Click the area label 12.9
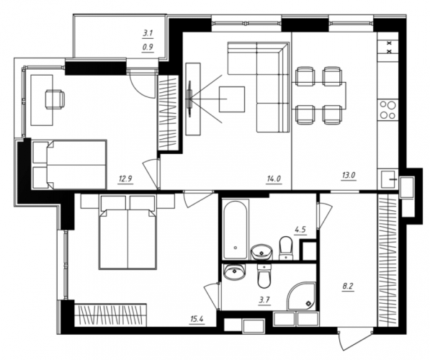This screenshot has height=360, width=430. [x=125, y=179]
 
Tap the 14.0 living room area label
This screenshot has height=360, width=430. [x=274, y=179]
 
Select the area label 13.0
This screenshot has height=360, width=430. [x=349, y=175]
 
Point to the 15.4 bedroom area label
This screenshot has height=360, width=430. [x=197, y=319]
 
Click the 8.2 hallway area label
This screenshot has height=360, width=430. [x=347, y=287]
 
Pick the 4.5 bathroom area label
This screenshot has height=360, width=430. [x=300, y=229]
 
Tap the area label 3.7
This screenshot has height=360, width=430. [x=264, y=300]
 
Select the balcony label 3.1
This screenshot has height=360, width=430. [x=148, y=33]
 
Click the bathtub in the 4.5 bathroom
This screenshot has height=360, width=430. [x=235, y=230]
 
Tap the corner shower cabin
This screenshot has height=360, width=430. [x=302, y=297]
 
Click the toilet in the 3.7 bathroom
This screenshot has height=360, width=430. [x=264, y=276]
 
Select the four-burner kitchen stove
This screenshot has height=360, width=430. [x=388, y=110]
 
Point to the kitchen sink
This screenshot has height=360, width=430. [x=388, y=179]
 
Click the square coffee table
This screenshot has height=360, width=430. [x=232, y=99]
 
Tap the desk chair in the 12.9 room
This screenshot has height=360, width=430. [x=55, y=99]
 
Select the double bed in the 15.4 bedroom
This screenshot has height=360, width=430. [x=127, y=232]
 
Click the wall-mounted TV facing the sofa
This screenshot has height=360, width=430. [x=189, y=99]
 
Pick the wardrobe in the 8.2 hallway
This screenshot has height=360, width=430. [x=388, y=261]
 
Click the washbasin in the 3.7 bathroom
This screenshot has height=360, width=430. [x=234, y=272]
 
